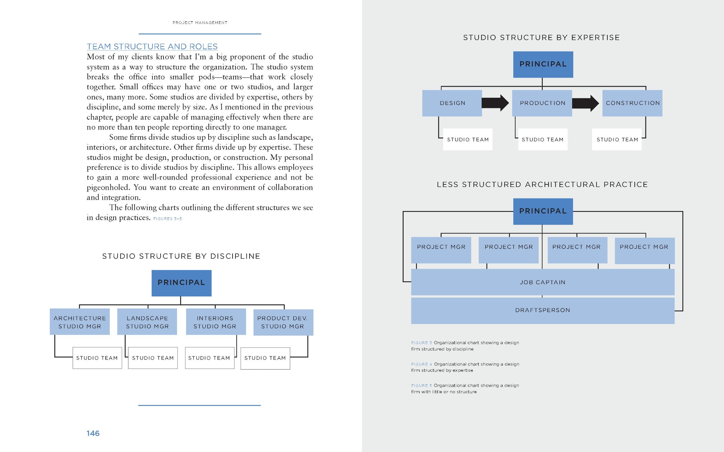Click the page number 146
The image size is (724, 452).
pyautogui.click(x=93, y=433)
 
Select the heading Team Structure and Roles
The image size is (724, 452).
pyautogui.click(x=152, y=47)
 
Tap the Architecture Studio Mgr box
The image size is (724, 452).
pyautogui.click(x=79, y=322)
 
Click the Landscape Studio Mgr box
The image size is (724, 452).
pyautogui.click(x=147, y=322)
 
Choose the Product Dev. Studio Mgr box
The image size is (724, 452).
pyautogui.click(x=283, y=322)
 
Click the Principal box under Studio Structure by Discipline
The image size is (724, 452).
pyautogui.click(x=181, y=283)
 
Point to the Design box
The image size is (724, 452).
pyautogui.click(x=452, y=103)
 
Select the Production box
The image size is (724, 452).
pyautogui.click(x=542, y=103)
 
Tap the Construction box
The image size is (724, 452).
pyautogui.click(x=632, y=103)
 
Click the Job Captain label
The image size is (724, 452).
pyautogui.click(x=542, y=282)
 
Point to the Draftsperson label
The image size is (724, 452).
pyautogui.click(x=542, y=310)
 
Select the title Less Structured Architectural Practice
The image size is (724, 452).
pyautogui.click(x=542, y=184)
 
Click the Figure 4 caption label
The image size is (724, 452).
pyautogui.click(x=422, y=364)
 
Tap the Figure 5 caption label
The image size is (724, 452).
pyautogui.click(x=422, y=386)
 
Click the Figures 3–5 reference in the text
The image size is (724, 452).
pyautogui.click(x=167, y=219)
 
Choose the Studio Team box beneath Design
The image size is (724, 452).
pyautogui.click(x=467, y=140)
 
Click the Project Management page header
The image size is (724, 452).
pyautogui.click(x=200, y=23)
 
